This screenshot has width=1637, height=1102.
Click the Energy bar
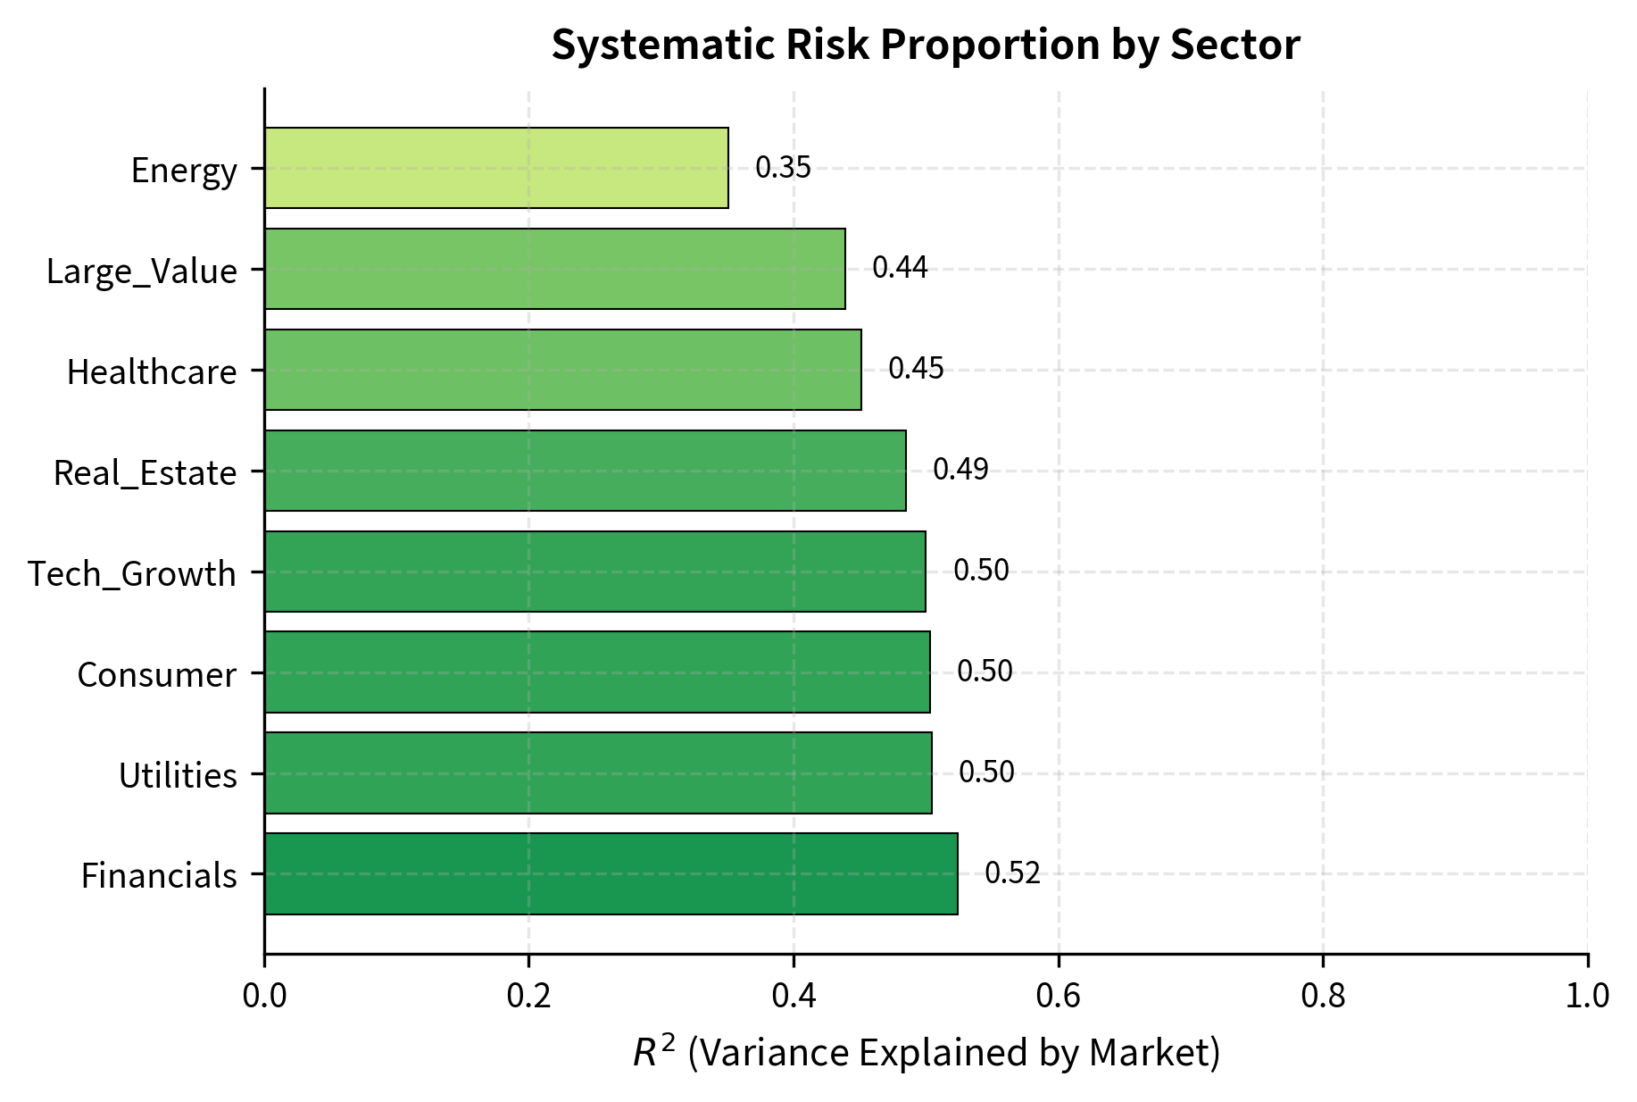(496, 168)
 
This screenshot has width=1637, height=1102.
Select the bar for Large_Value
(554, 269)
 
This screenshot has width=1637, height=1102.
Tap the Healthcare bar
(562, 370)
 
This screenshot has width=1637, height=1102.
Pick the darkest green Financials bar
(611, 873)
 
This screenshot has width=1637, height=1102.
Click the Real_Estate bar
(585, 471)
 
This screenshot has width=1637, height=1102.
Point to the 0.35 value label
(783, 168)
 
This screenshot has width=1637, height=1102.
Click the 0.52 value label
(1012, 873)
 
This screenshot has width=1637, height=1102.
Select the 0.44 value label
(900, 268)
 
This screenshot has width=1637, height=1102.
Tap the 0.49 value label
(960, 470)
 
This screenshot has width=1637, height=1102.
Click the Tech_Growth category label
(132, 573)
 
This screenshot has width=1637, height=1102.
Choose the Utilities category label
(178, 775)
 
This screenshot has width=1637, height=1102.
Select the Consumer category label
(156, 674)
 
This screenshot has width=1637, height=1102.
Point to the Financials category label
(159, 876)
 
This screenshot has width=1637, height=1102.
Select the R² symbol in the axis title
(652, 1051)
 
